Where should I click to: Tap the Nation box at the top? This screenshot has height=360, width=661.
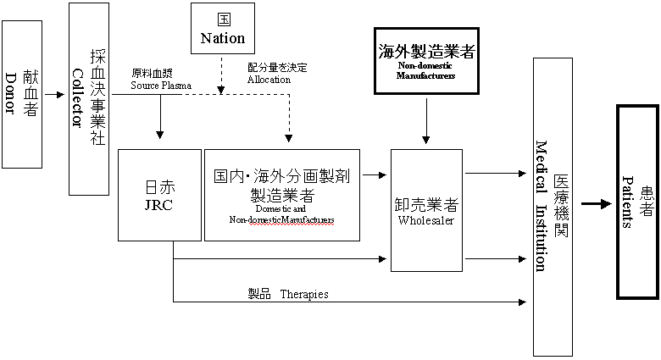tap(222, 28)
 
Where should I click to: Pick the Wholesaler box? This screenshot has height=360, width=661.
tap(426, 210)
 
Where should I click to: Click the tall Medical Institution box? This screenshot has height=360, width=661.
tap(550, 208)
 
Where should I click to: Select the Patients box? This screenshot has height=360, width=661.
tap(637, 202)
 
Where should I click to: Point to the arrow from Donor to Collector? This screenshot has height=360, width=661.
tap(57, 94)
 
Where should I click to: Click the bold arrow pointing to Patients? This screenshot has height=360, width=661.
tap(595, 204)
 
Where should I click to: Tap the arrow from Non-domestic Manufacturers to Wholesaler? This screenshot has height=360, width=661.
tap(426, 119)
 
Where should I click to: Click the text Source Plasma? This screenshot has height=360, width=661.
tap(161, 86)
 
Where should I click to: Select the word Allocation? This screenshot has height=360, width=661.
tap(269, 80)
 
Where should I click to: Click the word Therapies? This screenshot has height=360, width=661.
tap(303, 294)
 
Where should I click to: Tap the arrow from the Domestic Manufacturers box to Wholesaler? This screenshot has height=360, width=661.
tap(371, 174)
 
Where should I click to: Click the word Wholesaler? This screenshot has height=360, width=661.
tap(426, 220)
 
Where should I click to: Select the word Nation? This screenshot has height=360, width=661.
tap(222, 38)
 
